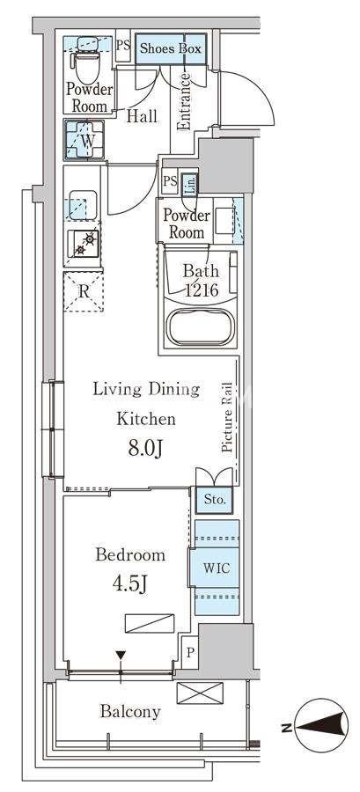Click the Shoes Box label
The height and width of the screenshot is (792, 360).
point(170,48)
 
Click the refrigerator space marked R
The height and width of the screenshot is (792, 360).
point(84,291)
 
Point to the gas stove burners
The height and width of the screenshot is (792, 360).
point(84,244)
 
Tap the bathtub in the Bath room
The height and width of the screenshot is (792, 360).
point(202,326)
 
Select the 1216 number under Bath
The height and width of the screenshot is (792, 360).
point(201,290)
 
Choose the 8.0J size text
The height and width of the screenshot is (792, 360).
point(145,449)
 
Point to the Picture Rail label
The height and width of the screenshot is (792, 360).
point(228,417)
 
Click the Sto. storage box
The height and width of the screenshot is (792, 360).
point(214,500)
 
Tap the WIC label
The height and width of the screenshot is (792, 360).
point(217,568)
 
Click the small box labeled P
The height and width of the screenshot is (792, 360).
point(190,652)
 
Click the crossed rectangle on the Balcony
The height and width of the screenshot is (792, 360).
point(200,693)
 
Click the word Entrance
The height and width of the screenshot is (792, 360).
point(184,101)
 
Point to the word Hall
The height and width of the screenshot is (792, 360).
point(142,116)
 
